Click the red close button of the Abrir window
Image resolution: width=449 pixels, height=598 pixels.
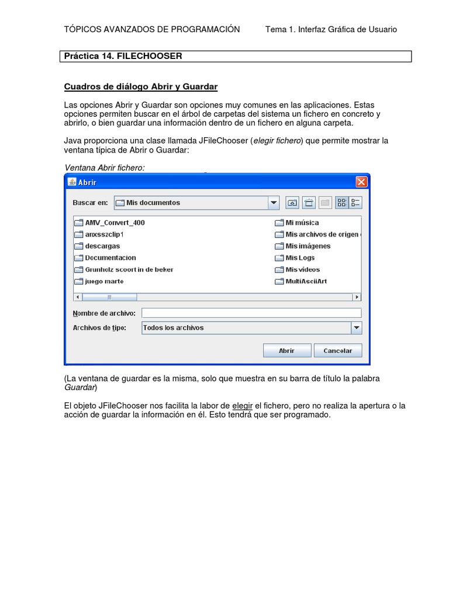click(x=361, y=182)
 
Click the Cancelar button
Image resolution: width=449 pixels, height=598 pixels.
click(x=338, y=351)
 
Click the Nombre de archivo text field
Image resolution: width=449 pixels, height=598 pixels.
click(x=251, y=313)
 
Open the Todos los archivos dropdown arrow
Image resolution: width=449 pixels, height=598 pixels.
click(x=356, y=328)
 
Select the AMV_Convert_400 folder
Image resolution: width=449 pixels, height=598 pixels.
click(x=115, y=222)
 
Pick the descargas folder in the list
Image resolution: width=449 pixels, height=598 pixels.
click(x=102, y=246)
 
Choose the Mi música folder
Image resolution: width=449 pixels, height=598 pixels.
click(x=302, y=222)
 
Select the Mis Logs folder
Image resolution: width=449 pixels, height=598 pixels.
click(x=300, y=258)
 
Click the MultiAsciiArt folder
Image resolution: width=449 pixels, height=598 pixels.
click(x=306, y=281)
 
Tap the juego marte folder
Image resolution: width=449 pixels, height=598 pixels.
click(x=104, y=281)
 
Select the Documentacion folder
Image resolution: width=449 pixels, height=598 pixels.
click(x=110, y=258)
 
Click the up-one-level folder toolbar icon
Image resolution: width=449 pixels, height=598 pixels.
click(x=292, y=203)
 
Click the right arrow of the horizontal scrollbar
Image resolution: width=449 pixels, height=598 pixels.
click(x=357, y=297)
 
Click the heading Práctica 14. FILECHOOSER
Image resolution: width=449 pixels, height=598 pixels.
click(x=123, y=56)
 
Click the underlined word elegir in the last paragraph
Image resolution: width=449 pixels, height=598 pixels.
click(x=242, y=405)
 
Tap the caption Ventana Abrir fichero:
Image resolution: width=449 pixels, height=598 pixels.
click(x=105, y=168)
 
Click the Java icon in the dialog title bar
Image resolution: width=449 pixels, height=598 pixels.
click(x=72, y=182)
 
